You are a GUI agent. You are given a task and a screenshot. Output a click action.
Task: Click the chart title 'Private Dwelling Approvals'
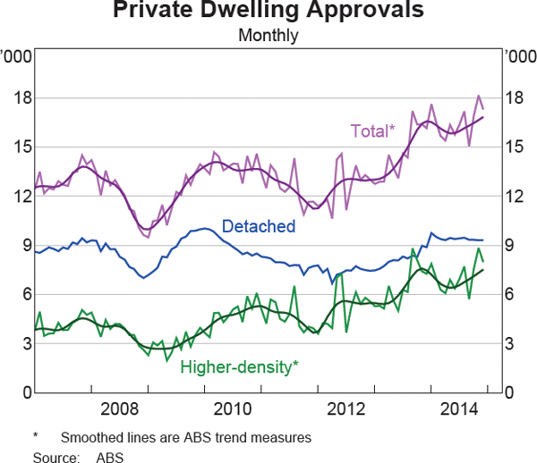pyautogui.click(x=268, y=13)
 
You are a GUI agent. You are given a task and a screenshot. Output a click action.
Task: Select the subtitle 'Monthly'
pyautogui.click(x=268, y=37)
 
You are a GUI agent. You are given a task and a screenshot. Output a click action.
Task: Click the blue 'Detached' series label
pyautogui.click(x=258, y=226)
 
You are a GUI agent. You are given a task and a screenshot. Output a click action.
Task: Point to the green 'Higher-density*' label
pyautogui.click(x=240, y=366)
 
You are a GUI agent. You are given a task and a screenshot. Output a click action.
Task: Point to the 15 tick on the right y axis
pyautogui.click(x=516, y=147)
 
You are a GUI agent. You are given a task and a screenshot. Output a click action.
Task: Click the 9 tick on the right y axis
pyautogui.click(x=512, y=245)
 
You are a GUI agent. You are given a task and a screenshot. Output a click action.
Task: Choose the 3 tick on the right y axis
pyautogui.click(x=512, y=343)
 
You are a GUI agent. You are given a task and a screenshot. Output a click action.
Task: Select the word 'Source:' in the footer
pyautogui.click(x=55, y=456)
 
